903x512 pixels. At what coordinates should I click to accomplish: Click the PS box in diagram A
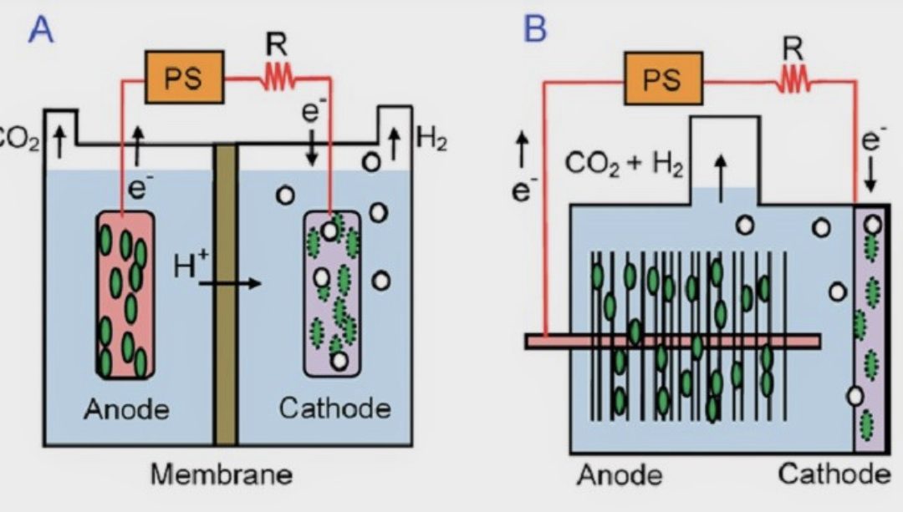point(185,79)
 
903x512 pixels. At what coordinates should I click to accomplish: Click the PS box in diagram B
point(663,81)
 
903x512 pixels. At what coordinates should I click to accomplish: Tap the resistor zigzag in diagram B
point(792,81)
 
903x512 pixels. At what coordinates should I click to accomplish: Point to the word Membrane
point(222,474)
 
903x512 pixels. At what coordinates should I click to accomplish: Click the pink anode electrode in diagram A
point(125,292)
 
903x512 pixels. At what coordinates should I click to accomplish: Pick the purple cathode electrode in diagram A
point(332,292)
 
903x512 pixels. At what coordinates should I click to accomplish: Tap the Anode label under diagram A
point(126,409)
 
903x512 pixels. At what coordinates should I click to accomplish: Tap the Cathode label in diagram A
point(334,408)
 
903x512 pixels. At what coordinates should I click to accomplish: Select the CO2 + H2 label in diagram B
point(625,165)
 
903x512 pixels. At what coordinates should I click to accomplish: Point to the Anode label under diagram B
point(619,475)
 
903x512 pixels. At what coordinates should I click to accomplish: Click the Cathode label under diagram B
point(834,474)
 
